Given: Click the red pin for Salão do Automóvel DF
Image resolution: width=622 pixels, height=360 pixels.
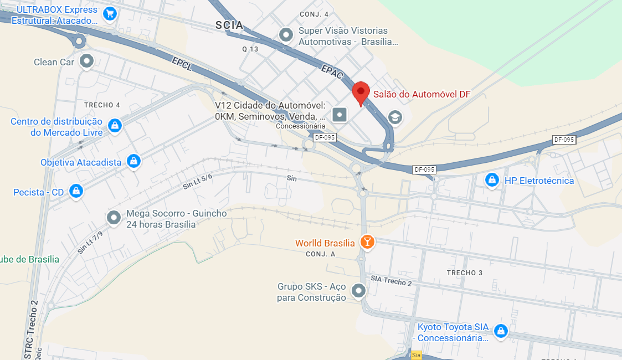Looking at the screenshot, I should [361, 92].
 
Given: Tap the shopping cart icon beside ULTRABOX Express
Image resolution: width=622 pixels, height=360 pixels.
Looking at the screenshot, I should [110, 13].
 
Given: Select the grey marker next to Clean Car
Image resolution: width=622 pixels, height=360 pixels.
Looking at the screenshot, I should [86, 61].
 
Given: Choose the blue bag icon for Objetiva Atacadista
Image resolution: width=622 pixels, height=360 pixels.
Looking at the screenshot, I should [133, 162].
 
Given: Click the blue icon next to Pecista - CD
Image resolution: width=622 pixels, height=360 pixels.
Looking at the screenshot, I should [76, 192].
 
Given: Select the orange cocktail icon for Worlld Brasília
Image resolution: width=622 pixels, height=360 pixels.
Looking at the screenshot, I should [367, 242].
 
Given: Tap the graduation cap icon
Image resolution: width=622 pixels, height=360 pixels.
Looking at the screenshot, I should [395, 117].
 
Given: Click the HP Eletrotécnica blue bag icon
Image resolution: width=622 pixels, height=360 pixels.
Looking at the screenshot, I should [491, 180].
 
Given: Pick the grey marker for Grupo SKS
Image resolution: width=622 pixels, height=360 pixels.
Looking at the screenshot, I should [359, 291].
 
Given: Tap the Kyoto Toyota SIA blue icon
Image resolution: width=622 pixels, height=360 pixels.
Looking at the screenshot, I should [501, 331].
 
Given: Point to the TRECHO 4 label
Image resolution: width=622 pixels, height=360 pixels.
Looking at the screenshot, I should [102, 105].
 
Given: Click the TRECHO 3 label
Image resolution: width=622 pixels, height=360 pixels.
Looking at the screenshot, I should [465, 272].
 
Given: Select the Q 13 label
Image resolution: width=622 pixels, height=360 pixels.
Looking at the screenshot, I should [250, 49].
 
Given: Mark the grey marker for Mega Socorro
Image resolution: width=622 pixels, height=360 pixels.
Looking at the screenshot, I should [114, 218].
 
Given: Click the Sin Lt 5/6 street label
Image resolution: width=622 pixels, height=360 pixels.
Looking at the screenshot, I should [197, 182].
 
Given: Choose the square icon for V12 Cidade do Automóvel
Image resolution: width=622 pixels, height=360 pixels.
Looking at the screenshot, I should [339, 115].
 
